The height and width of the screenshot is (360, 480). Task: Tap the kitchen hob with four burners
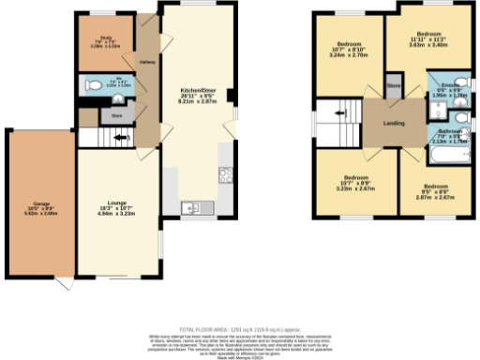click(x=225, y=174)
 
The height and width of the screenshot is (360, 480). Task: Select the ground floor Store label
click(x=116, y=116)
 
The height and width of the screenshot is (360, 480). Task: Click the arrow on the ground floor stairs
click(x=117, y=139)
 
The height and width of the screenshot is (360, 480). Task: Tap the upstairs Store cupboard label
click(x=394, y=86)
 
